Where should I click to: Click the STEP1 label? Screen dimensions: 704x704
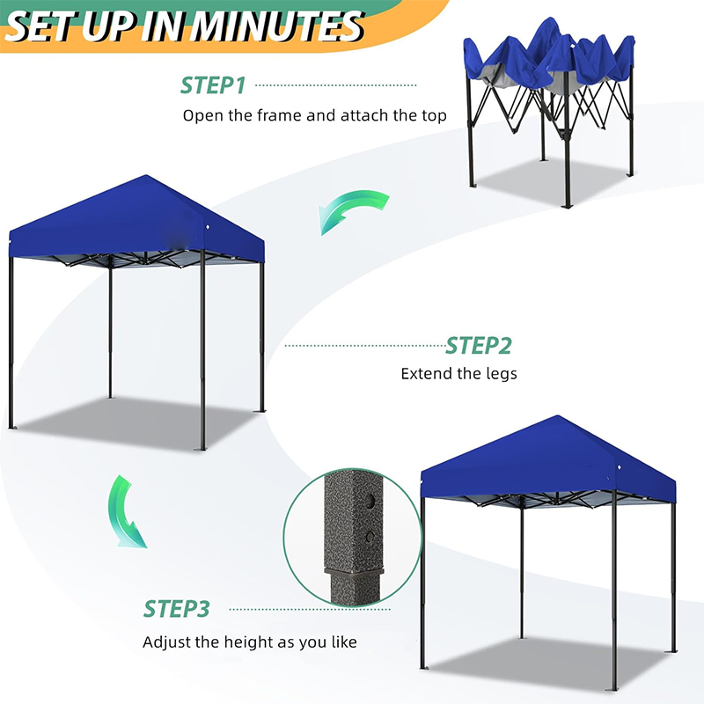(212, 85)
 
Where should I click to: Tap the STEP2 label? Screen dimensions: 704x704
(478, 345)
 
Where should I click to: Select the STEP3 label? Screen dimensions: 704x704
(177, 609)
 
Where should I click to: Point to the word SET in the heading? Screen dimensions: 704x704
(40, 26)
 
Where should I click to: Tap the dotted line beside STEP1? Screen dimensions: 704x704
(335, 85)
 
